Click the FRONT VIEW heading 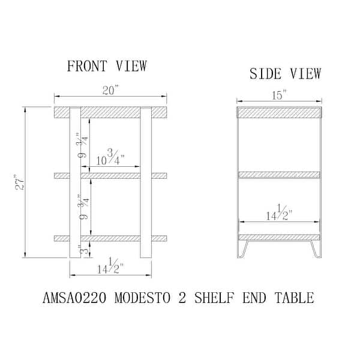[107, 66]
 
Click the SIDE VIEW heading [285, 74]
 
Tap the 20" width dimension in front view [110, 90]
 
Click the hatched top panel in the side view [279, 112]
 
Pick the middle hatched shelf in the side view [279, 175]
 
